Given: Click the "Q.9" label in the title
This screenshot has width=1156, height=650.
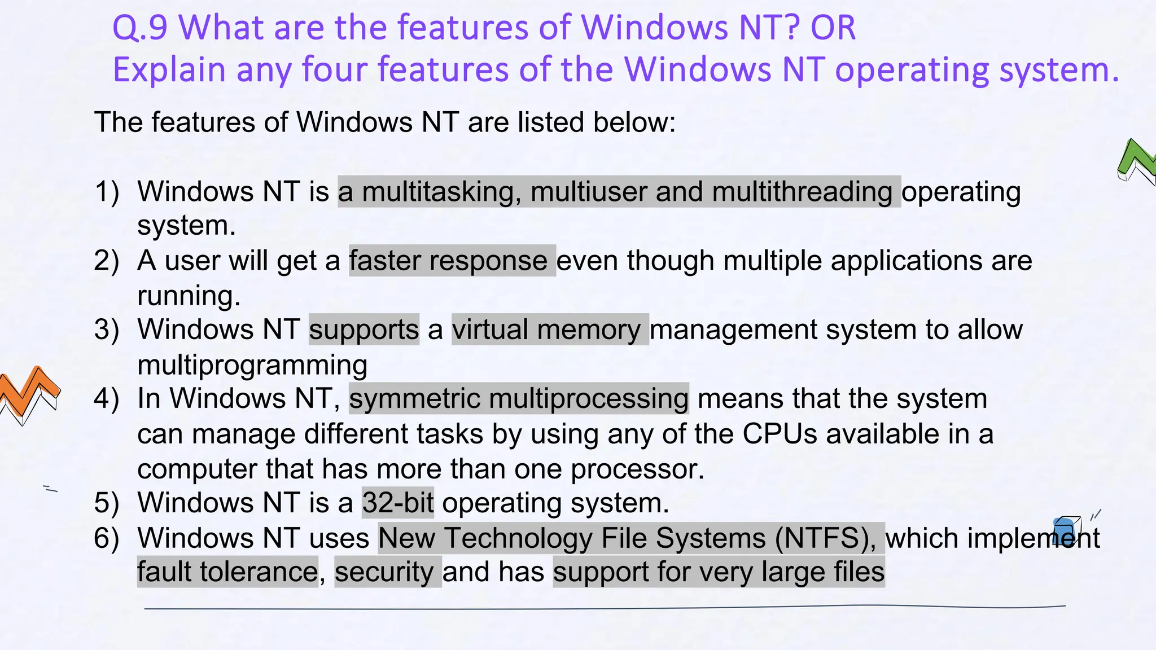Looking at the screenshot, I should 140,28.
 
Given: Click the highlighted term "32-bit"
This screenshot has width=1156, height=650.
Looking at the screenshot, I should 398,503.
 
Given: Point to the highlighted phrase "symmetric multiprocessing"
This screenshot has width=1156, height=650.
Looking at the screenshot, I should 519,398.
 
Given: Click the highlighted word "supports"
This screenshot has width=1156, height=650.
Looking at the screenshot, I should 364,330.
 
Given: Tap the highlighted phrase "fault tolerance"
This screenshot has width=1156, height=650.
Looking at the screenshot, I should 227,572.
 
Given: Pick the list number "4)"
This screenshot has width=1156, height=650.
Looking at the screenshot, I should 107,398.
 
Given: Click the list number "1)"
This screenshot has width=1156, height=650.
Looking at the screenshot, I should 107,192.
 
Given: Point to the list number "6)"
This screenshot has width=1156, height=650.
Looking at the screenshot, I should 107,538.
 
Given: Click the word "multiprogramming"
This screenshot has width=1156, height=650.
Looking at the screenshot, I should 252,365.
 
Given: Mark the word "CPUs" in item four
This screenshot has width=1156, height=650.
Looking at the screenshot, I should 780,434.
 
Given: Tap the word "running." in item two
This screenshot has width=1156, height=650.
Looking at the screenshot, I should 189,296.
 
